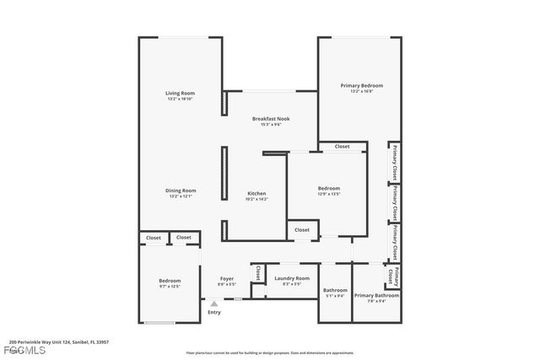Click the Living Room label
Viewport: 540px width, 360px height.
click(x=181, y=93)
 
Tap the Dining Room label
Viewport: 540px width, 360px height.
click(x=181, y=191)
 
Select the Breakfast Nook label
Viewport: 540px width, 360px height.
click(x=271, y=119)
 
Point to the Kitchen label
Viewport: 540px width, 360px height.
click(x=256, y=193)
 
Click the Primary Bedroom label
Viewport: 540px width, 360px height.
click(x=361, y=85)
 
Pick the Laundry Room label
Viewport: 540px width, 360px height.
click(x=292, y=278)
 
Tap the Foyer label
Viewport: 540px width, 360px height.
click(x=227, y=278)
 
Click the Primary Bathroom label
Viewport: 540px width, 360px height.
click(x=376, y=295)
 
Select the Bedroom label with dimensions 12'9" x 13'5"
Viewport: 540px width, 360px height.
click(x=328, y=188)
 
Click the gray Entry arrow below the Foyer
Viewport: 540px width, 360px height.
click(x=214, y=304)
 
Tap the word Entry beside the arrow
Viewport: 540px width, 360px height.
click(x=214, y=313)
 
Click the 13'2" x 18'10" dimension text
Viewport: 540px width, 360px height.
click(x=181, y=99)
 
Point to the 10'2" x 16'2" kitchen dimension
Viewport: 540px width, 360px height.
click(x=256, y=199)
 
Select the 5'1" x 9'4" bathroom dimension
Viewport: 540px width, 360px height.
click(x=335, y=296)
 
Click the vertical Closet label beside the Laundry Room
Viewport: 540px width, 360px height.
click(x=257, y=274)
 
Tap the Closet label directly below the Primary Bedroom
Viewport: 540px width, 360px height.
click(x=342, y=147)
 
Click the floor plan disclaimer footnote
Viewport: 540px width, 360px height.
click(x=270, y=352)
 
